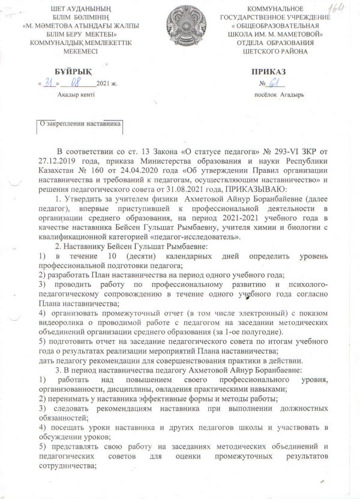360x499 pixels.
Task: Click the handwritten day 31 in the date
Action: click(48, 83)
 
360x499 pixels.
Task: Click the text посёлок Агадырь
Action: click(278, 95)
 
